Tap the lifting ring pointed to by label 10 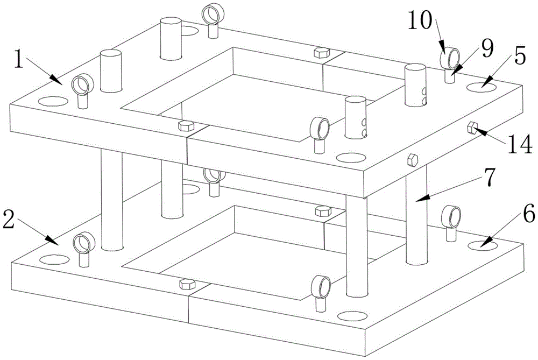coord(449,56)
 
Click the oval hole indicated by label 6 coord(483,245)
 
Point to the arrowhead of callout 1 coord(60,82)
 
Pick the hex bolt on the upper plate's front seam coord(185,125)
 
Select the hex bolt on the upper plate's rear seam coord(320,52)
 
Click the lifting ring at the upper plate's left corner coord(81,84)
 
